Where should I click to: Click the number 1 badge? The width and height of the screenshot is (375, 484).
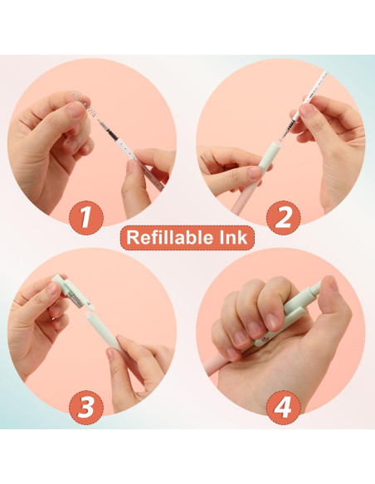click(x=86, y=216)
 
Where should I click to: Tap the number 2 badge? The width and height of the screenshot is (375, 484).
click(x=283, y=216)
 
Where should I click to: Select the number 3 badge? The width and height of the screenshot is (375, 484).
click(x=86, y=407)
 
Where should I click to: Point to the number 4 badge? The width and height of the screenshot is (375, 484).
click(x=283, y=407)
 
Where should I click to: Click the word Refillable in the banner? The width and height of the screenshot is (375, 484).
click(x=166, y=237)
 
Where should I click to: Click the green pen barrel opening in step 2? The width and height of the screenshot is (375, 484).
click(x=275, y=145)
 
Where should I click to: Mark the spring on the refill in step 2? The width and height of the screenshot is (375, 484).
click(x=287, y=129)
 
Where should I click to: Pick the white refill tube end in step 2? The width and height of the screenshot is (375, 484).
click(x=324, y=74)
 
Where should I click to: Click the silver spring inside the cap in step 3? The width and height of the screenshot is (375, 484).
click(x=75, y=298)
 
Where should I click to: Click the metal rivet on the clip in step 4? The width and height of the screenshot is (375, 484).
click(x=264, y=340)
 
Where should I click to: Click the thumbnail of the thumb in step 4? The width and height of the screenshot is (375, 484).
click(x=333, y=283)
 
